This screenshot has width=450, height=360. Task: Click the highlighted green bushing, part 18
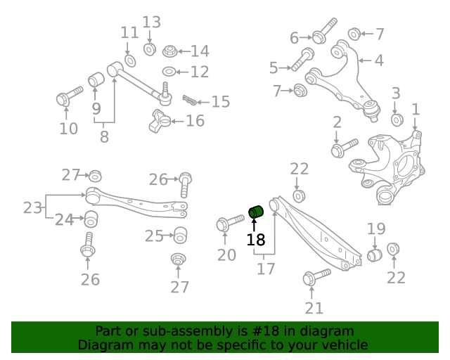point(256,210)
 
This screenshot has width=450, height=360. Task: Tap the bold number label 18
point(256,240)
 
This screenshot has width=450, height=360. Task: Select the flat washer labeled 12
point(169,72)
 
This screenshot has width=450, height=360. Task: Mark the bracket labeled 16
point(160,121)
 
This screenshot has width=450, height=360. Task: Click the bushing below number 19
point(375,253)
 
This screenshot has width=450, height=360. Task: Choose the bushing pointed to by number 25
point(180,234)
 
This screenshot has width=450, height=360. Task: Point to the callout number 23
point(32,207)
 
